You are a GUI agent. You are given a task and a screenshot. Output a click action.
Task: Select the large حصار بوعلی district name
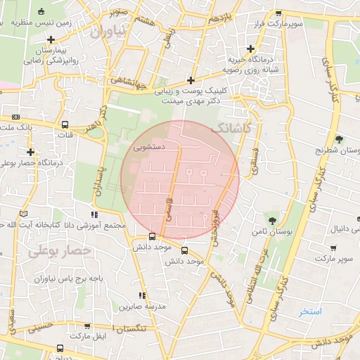[x=61, y=250]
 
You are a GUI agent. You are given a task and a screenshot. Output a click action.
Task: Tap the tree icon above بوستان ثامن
[x=273, y=220]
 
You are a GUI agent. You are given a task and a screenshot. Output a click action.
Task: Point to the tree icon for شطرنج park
[x=340, y=139]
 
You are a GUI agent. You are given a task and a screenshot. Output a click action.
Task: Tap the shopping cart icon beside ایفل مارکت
[x=86, y=326]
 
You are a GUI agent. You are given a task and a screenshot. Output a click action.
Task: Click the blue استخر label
[x=309, y=311]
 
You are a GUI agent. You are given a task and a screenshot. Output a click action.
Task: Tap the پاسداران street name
[x=99, y=186]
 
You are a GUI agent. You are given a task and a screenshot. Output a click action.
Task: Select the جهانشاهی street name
[x=130, y=89]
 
